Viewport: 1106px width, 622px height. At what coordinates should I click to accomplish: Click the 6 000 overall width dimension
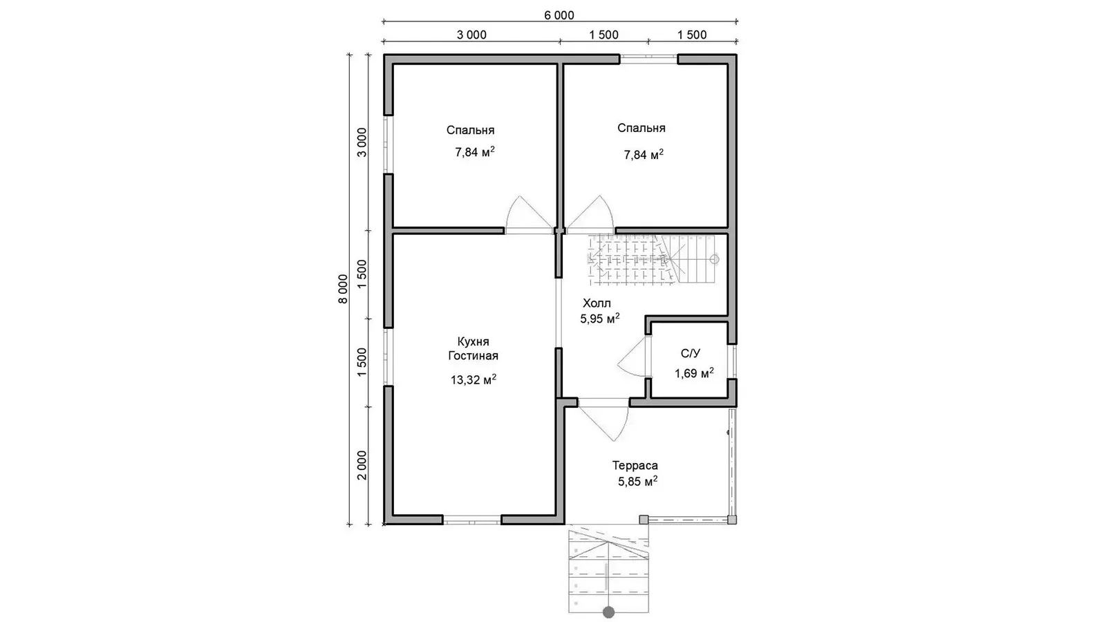click(x=559, y=15)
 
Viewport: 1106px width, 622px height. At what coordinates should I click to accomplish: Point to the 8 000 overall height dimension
click(x=343, y=289)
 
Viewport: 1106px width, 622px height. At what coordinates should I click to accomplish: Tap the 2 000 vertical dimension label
click(x=362, y=465)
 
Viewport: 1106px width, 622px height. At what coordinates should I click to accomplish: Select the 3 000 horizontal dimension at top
click(x=471, y=35)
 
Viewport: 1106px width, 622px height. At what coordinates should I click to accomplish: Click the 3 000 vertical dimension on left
click(x=362, y=142)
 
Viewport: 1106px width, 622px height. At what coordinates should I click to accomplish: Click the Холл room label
click(x=597, y=303)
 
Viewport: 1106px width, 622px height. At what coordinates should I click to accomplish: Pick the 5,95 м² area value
click(x=600, y=319)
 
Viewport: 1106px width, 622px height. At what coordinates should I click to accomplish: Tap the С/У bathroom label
click(x=691, y=353)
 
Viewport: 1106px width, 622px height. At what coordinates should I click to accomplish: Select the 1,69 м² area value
click(x=694, y=373)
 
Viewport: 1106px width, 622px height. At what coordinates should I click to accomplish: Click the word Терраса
click(x=635, y=466)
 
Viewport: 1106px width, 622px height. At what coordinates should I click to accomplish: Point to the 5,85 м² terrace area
click(x=637, y=481)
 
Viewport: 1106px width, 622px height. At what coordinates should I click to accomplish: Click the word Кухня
click(x=473, y=341)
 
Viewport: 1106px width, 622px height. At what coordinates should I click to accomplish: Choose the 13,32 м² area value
click(x=473, y=379)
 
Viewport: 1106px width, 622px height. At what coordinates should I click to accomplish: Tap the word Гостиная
click(x=473, y=355)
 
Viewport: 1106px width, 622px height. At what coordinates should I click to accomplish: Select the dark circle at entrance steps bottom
click(x=608, y=612)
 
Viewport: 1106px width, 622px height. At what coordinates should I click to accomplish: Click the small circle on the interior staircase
click(x=715, y=259)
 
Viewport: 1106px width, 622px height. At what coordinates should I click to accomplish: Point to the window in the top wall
click(x=649, y=58)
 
